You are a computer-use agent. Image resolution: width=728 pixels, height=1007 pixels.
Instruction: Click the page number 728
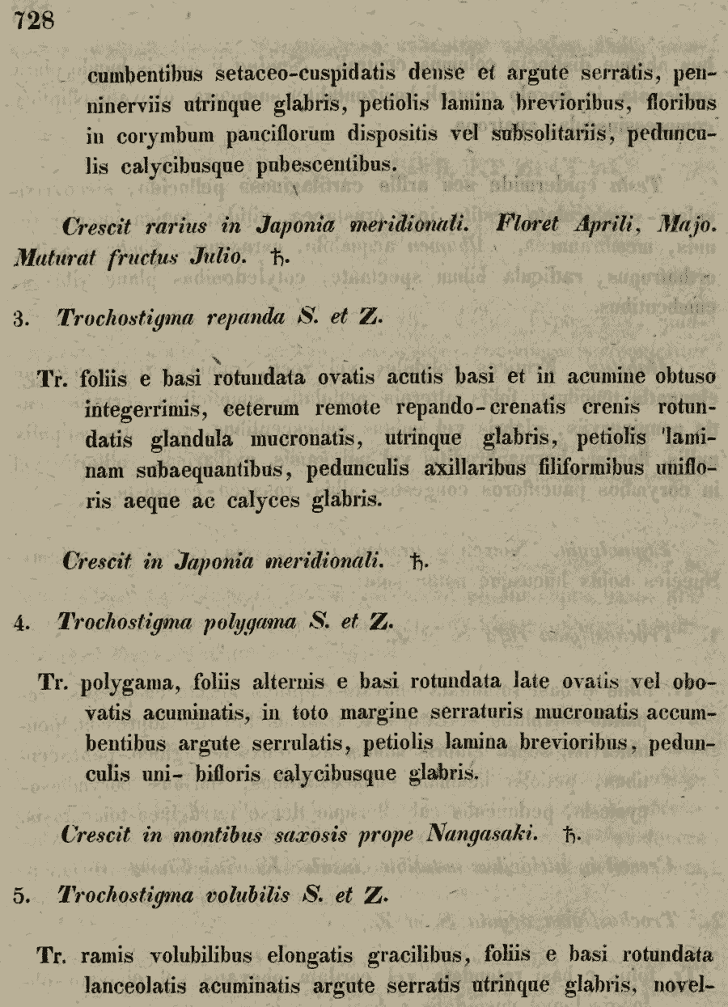33,19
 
